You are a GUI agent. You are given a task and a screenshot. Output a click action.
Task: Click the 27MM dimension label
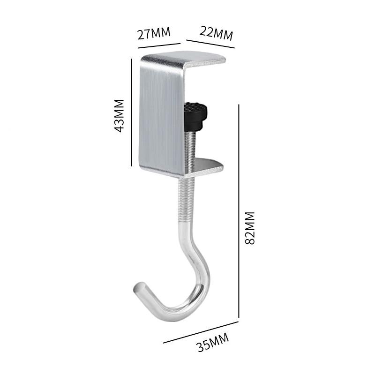pos(154,33)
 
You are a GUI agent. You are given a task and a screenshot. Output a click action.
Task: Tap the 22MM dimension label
pos(216,33)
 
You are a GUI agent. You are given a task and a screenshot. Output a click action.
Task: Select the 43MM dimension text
pos(119,115)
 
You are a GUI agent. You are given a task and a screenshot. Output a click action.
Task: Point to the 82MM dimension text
pos(250,228)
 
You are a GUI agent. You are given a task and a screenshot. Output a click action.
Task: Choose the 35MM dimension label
pos(213,342)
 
